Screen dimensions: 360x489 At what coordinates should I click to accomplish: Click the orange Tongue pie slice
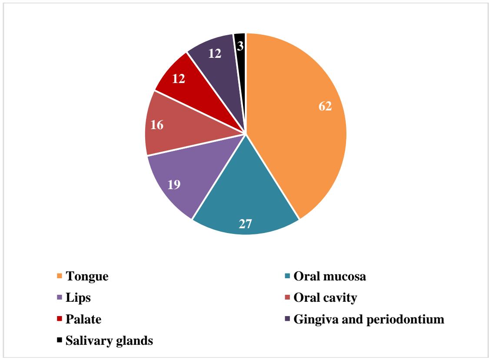pos(296,130)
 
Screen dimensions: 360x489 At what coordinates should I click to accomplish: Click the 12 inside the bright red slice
pos(179,79)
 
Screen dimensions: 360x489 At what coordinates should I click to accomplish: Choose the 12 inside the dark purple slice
pos(215,53)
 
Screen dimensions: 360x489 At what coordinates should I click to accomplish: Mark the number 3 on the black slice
pos(240,45)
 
